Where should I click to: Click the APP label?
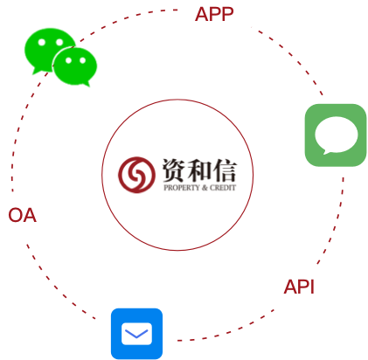click(x=214, y=14)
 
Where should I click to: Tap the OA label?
click(x=23, y=216)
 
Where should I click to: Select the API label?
click(x=299, y=287)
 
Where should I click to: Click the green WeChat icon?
click(x=60, y=57)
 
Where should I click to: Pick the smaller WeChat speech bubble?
click(x=75, y=67)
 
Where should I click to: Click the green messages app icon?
click(x=336, y=135)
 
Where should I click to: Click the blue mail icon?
click(x=136, y=334)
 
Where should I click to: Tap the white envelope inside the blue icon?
click(x=136, y=334)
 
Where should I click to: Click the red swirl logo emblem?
click(x=136, y=175)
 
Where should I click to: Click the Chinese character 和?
click(x=199, y=170)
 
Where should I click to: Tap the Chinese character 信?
click(x=225, y=170)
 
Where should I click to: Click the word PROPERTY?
click(x=182, y=188)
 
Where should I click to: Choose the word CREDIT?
click(x=223, y=188)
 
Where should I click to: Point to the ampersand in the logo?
click(x=205, y=188)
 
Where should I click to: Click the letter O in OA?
click(x=15, y=216)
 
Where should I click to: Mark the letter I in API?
click(x=312, y=287)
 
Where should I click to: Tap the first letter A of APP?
click(x=202, y=14)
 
